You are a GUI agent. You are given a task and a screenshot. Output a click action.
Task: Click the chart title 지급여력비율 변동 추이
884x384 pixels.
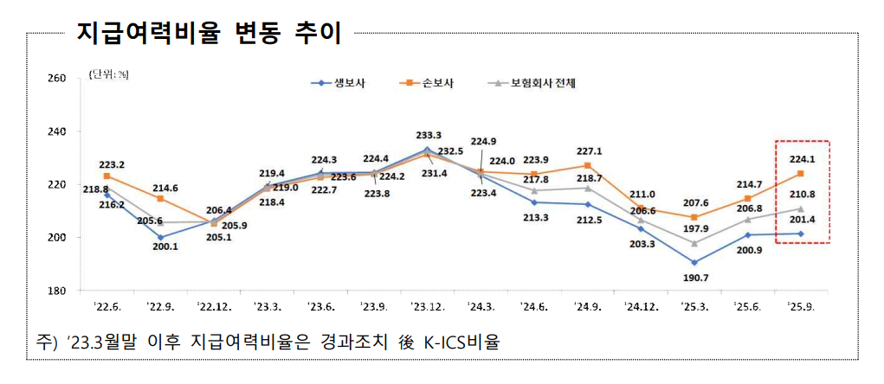[209, 34]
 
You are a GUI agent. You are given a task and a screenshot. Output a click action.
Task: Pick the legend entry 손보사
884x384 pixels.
[438, 83]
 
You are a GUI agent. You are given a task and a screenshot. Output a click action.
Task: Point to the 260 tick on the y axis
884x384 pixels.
[56, 79]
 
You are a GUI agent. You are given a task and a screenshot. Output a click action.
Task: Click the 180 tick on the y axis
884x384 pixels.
[56, 291]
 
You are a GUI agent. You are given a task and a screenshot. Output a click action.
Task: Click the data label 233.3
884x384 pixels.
[426, 135]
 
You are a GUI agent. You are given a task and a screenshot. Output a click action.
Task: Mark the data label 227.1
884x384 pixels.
[588, 151]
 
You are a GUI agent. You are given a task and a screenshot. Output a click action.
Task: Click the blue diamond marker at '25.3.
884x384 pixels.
[694, 262]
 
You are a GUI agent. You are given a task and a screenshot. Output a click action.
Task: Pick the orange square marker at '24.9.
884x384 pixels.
[588, 165]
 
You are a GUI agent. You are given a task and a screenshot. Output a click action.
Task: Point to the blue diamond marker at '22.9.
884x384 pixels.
[160, 237]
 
